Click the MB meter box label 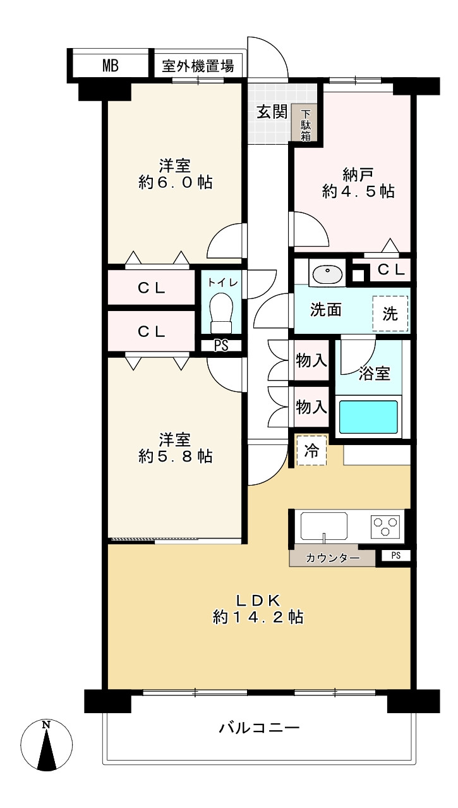click(x=111, y=66)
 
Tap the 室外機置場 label click(x=198, y=66)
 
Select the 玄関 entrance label click(x=272, y=112)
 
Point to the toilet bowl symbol click(x=221, y=313)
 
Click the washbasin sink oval click(x=327, y=275)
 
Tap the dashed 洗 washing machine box click(x=390, y=314)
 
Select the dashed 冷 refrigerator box click(x=311, y=451)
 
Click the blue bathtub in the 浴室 click(x=368, y=417)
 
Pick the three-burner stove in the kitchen click(x=385, y=527)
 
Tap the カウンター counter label click(x=332, y=558)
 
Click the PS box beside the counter click(x=395, y=556)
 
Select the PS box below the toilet click(x=221, y=346)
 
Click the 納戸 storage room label click(x=358, y=175)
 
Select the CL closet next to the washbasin click(x=390, y=269)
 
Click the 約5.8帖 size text click(x=176, y=456)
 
